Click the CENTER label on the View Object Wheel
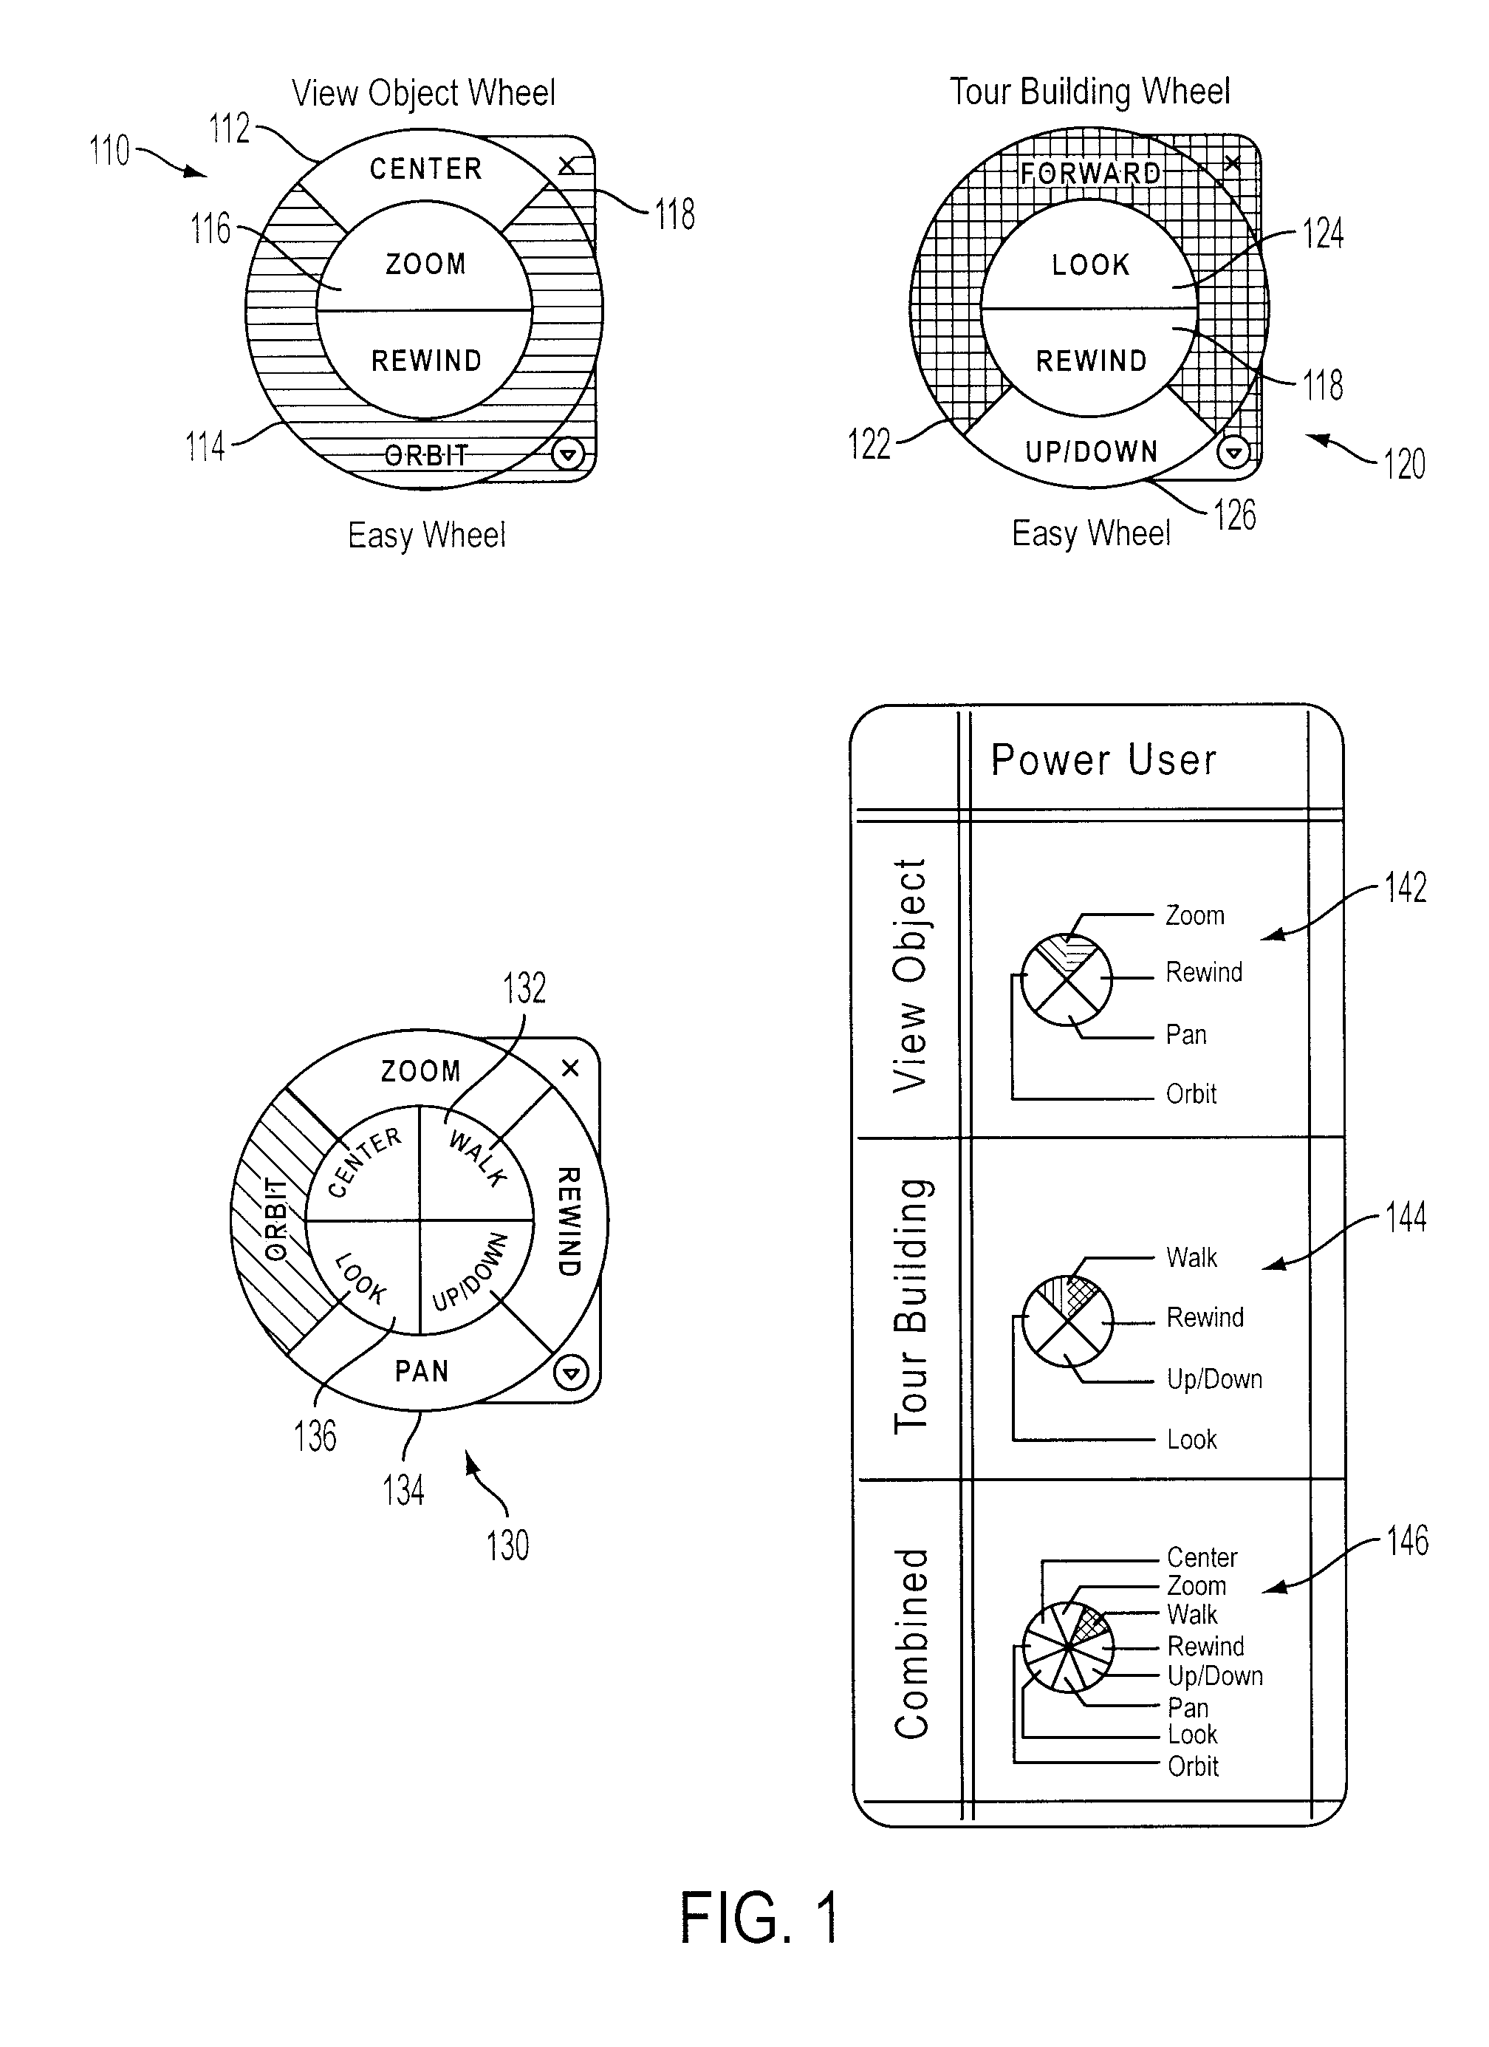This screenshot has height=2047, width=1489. [426, 168]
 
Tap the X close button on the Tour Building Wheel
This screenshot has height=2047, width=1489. [1233, 163]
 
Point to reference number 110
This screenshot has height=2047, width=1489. [109, 151]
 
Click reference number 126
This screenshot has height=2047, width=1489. [1233, 516]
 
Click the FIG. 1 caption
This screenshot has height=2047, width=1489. [760, 1917]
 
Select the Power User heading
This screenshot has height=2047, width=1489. [1103, 760]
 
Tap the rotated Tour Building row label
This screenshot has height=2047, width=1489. [911, 1306]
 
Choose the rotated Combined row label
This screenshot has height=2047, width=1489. [911, 1644]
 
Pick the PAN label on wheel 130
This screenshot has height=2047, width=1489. [422, 1371]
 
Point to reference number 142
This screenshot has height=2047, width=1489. [1405, 887]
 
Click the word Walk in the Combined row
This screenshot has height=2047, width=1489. [1192, 1614]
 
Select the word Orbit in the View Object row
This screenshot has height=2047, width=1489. [1191, 1094]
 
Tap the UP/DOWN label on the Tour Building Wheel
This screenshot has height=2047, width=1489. [1091, 451]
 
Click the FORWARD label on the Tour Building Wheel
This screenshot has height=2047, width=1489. [1091, 172]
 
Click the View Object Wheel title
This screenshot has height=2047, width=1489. [423, 93]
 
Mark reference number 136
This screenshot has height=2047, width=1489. [315, 1437]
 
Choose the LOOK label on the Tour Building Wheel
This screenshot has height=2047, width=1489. [1091, 264]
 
